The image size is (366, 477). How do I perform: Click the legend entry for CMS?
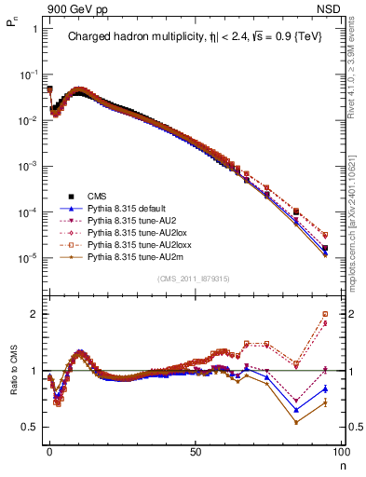pyautogui.click(x=98, y=196)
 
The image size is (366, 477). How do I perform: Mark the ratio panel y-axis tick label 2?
pyautogui.click(x=34, y=314)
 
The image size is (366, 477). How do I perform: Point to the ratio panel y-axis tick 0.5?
pyautogui.click(x=30, y=427)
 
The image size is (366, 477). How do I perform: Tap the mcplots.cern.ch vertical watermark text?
pyautogui.click(x=358, y=219)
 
